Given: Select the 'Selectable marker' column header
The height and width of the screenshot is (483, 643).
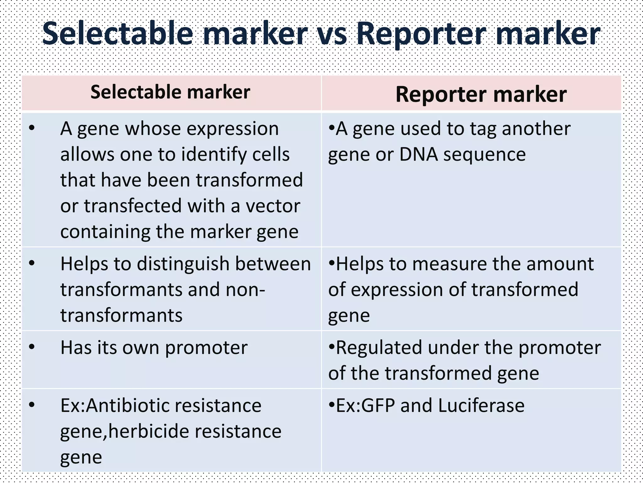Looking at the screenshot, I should [170, 92].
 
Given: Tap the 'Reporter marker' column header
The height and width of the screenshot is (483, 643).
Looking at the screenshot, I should [481, 94].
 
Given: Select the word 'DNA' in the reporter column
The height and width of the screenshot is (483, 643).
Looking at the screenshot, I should [418, 155].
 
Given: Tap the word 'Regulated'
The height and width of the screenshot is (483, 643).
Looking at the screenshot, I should [378, 348].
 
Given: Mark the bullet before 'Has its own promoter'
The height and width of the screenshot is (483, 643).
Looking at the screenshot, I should [31, 347].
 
